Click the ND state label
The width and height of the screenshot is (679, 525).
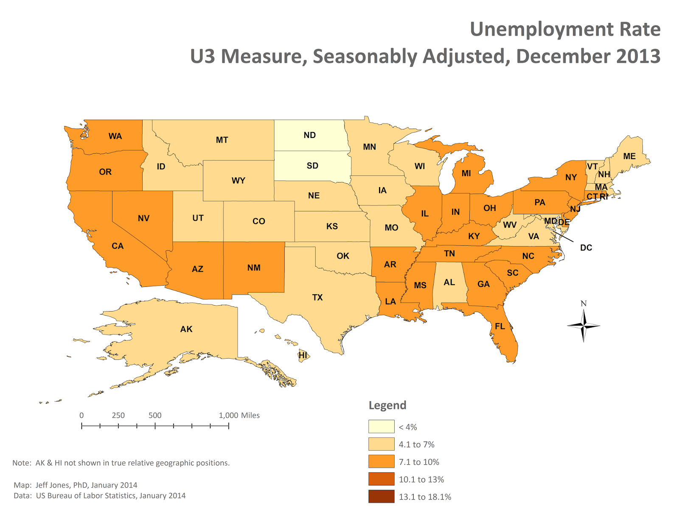click(x=309, y=135)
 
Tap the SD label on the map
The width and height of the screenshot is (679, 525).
click(x=312, y=166)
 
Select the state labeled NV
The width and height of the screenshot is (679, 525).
click(x=143, y=218)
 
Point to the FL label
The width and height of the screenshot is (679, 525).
click(x=500, y=326)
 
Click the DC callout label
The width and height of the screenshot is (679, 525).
click(x=586, y=247)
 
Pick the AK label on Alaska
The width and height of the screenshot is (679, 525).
click(x=186, y=329)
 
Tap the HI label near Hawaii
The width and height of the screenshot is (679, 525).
click(x=303, y=355)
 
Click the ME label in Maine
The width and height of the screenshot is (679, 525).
click(x=629, y=156)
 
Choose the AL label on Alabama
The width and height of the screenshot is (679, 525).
click(x=449, y=282)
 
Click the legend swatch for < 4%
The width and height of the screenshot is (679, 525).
click(x=381, y=427)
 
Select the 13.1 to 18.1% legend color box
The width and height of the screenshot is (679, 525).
click(x=381, y=497)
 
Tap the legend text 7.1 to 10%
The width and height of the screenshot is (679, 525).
click(x=419, y=462)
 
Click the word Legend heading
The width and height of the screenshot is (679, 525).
click(x=387, y=405)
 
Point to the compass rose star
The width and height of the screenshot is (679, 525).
click(x=584, y=326)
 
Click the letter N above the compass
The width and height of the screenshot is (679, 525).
click(x=584, y=303)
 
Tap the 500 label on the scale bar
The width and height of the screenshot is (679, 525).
click(x=155, y=416)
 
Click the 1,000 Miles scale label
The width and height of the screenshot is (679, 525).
click(x=239, y=416)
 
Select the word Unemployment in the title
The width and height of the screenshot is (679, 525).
click(x=542, y=30)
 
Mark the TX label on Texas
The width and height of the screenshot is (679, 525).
click(x=317, y=298)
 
